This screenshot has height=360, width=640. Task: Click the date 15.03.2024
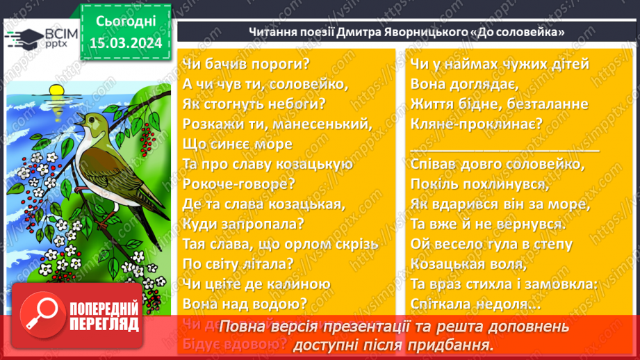(x=125, y=43)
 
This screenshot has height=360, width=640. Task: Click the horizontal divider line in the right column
(x=504, y=149)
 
